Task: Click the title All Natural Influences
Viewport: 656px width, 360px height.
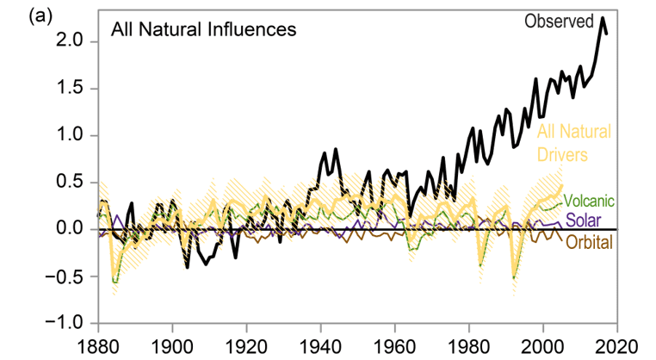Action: [202, 30]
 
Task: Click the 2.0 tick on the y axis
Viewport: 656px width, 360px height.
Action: [71, 41]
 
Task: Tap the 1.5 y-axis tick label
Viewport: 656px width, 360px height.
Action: [71, 89]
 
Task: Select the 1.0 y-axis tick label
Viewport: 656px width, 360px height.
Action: [71, 135]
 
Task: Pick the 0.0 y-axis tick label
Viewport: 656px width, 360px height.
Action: [71, 229]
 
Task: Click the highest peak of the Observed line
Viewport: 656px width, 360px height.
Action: [603, 18]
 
